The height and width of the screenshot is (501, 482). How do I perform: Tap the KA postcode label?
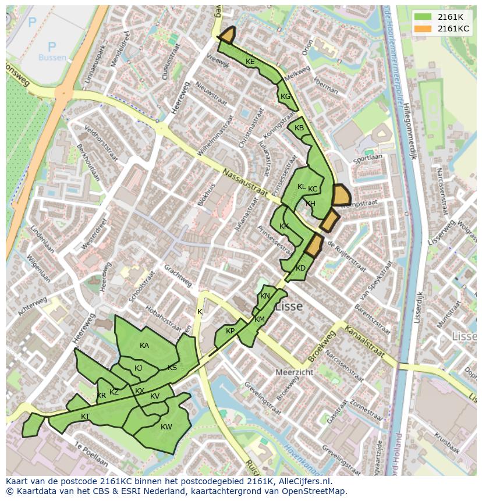tap(144, 346)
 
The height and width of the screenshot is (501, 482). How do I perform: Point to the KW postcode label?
tap(166, 427)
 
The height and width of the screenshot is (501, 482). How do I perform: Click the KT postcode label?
tap(86, 416)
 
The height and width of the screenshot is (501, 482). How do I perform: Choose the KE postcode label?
tap(250, 62)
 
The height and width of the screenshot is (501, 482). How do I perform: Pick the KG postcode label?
tap(285, 97)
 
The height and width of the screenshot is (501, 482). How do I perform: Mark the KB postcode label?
tap(299, 128)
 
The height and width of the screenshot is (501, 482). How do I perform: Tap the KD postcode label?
tap(300, 268)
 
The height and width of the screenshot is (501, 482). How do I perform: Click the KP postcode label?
tap(231, 331)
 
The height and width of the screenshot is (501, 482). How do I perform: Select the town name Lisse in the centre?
tap(289, 307)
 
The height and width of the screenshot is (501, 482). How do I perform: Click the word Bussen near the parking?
tap(52, 58)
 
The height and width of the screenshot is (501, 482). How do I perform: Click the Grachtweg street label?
tap(178, 276)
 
